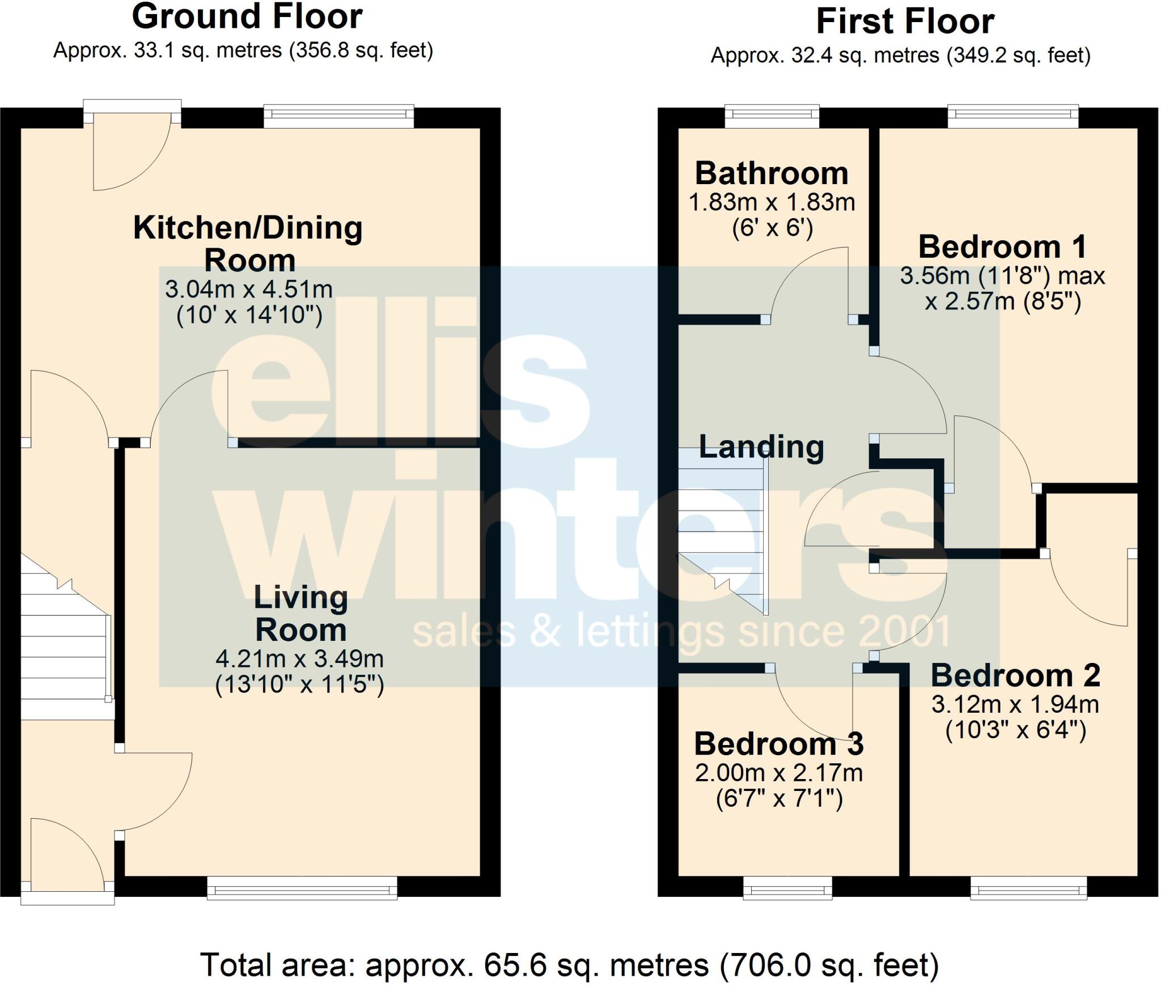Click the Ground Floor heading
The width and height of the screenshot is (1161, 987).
tap(247, 17)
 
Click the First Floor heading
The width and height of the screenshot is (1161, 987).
tap(905, 22)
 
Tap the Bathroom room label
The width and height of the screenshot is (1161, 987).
tap(772, 173)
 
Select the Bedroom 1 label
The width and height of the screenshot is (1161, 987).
tap(1002, 247)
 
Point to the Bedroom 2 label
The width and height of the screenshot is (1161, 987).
tap(1015, 675)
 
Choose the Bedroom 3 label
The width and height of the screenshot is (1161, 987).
tap(779, 743)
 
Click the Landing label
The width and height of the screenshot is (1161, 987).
tap(761, 446)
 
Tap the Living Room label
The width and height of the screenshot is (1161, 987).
tap(300, 613)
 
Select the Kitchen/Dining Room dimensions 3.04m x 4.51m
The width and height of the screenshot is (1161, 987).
tap(249, 290)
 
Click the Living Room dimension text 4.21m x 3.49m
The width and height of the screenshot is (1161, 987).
tap(300, 659)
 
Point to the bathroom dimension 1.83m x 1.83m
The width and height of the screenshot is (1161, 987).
tap(772, 202)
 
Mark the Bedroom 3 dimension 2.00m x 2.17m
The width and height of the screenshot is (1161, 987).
tap(779, 773)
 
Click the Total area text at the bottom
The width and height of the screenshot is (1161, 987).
tap(569, 965)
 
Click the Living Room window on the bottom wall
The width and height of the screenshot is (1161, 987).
tap(302, 888)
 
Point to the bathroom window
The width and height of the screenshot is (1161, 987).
tap(772, 116)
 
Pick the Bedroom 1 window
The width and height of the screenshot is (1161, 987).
tap(1013, 116)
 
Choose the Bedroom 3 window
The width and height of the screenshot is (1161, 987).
tap(788, 888)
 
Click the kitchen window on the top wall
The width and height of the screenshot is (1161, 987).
tap(339, 116)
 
